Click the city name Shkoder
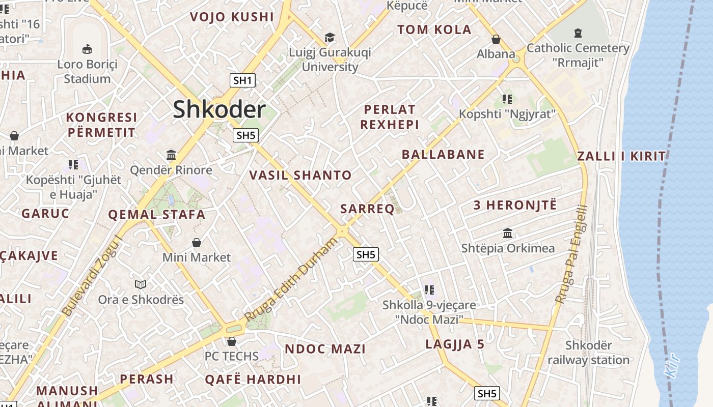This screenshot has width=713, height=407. pos(219,110)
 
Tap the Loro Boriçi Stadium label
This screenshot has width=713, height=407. pos(87,72)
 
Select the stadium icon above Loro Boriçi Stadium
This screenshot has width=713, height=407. pos(87,49)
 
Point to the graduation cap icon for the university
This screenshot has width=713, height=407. pos(330,37)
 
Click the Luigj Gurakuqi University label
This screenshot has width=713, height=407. pos(330,60)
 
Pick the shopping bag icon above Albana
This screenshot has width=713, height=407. pos(496,39)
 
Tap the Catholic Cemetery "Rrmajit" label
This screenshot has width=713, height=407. pos(578,55)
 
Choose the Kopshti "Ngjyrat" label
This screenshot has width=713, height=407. pos(507,114)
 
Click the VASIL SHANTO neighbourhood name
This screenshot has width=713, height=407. pos(300,176)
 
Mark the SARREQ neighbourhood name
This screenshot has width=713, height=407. pos(367,209)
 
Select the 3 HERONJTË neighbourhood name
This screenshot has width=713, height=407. pos(515,206)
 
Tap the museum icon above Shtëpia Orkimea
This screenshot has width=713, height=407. pos(508,234)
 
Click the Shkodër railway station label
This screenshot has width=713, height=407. pos(589,353)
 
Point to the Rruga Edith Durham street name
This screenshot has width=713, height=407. pos(291,279)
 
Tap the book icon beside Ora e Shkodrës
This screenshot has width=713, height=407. pos(141,284)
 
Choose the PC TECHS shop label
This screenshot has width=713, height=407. pos(232,356)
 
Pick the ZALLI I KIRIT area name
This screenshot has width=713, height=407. pos(621,156)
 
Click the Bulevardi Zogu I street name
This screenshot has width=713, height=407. pos(92,275)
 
